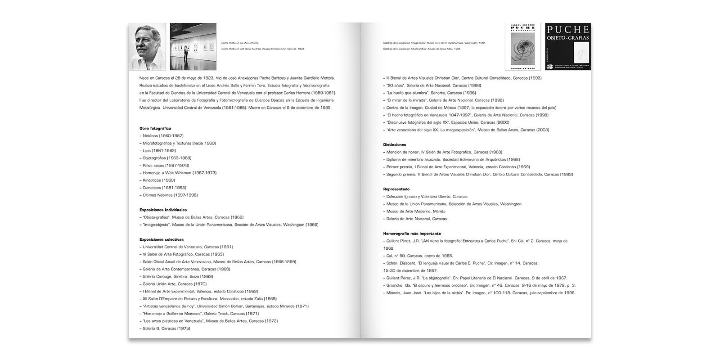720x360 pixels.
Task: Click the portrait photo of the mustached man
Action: [147, 46]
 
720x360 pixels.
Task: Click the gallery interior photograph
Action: [193, 46]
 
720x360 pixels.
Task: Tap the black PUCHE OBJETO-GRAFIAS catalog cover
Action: [568, 46]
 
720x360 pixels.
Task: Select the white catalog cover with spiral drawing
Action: [522, 46]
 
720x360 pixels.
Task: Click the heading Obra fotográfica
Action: [155, 128]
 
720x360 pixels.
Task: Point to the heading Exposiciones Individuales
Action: [163, 210]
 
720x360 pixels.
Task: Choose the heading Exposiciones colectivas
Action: [162, 239]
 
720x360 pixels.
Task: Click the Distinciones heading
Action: [395, 144]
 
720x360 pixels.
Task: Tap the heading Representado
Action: [396, 189]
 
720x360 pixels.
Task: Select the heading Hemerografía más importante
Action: [412, 234]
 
